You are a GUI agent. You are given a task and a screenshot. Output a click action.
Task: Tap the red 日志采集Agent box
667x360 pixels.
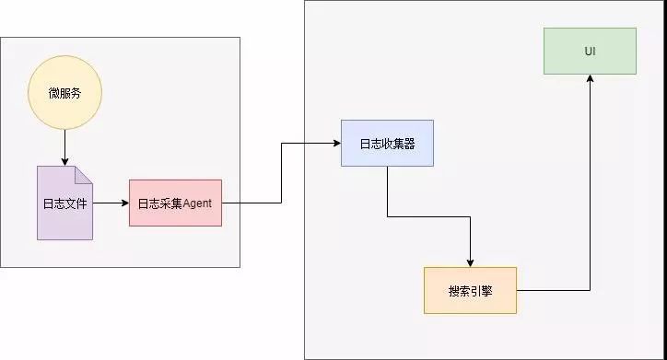[x=175, y=203]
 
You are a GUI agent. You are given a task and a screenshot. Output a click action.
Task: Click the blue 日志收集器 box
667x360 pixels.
[x=387, y=143]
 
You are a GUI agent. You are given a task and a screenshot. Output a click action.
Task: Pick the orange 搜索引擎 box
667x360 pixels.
[x=470, y=290]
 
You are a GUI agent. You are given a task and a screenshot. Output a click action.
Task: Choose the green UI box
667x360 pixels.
[x=590, y=51]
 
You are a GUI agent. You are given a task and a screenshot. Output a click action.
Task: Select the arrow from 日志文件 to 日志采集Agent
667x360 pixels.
[x=111, y=203]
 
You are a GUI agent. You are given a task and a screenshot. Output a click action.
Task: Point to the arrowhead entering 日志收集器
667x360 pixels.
[x=335, y=143]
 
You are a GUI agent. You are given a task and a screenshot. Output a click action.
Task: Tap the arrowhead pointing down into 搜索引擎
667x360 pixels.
[x=470, y=261]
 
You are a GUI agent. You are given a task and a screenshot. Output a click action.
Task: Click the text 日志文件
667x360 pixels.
[x=64, y=203]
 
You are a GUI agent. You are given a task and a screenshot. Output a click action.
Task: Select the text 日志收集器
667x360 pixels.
[x=387, y=143]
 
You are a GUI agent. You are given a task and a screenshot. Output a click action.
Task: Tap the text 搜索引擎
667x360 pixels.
[x=470, y=290]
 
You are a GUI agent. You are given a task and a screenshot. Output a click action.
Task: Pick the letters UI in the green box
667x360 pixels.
[x=590, y=51]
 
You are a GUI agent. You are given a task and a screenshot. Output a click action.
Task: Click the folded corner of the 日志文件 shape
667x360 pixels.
[x=85, y=173]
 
